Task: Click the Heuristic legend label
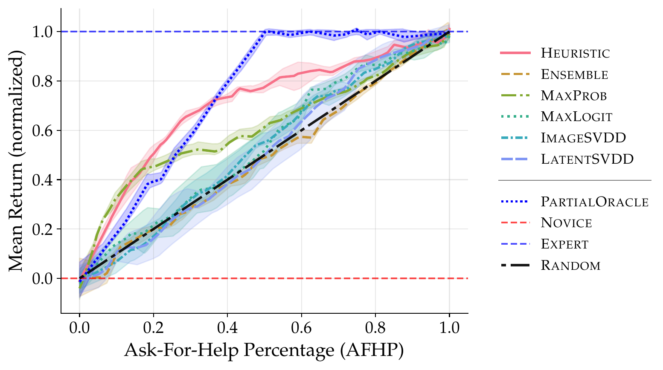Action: [575, 53]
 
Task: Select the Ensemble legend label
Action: [574, 74]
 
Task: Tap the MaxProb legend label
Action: [573, 95]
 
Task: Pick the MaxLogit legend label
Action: [576, 117]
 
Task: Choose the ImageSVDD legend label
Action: [583, 138]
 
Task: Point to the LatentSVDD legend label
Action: [587, 159]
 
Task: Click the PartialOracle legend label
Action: [595, 202]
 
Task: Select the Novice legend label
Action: [566, 223]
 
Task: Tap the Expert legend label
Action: [564, 244]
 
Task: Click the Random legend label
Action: [570, 265]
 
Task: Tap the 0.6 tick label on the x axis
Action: [301, 328]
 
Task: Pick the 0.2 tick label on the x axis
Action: [153, 328]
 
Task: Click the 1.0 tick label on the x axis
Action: [449, 328]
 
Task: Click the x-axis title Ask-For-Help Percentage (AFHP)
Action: [264, 350]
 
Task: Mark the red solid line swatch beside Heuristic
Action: [515, 53]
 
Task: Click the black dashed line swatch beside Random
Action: [515, 265]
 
